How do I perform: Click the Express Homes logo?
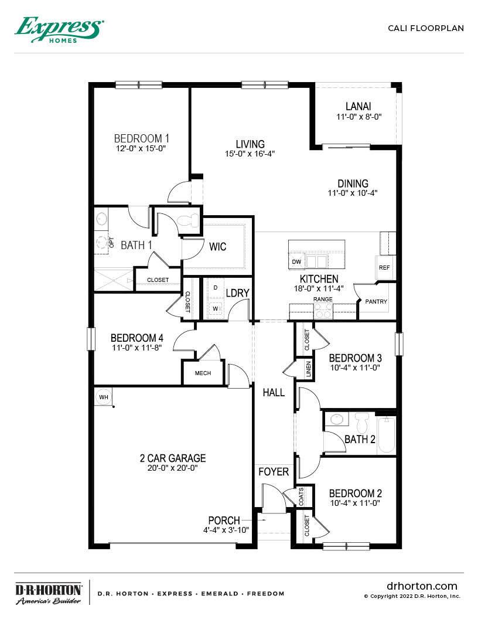59,29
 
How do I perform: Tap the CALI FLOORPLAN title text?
426,28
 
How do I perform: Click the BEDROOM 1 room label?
142,138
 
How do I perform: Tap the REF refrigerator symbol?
384,267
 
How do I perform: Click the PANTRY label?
375,301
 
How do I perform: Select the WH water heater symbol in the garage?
104,397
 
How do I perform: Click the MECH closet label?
203,373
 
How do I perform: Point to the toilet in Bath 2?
360,423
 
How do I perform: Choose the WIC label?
218,247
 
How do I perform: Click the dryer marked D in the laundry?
215,288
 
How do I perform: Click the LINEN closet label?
308,369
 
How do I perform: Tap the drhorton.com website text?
422,586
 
